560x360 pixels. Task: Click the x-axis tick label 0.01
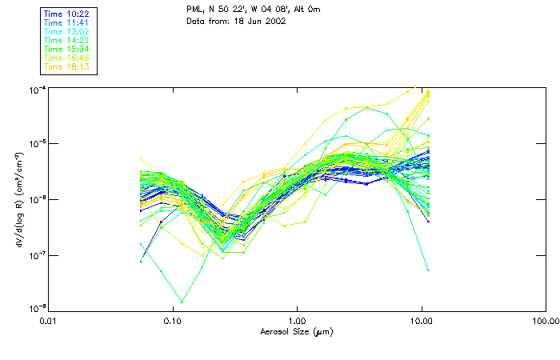tap(49, 321)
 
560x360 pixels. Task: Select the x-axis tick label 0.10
tap(173, 321)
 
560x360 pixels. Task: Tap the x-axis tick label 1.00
tap(297, 321)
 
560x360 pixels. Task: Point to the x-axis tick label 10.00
tap(421, 321)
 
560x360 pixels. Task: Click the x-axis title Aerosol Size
tap(297, 331)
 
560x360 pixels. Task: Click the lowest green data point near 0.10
tap(182, 302)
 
